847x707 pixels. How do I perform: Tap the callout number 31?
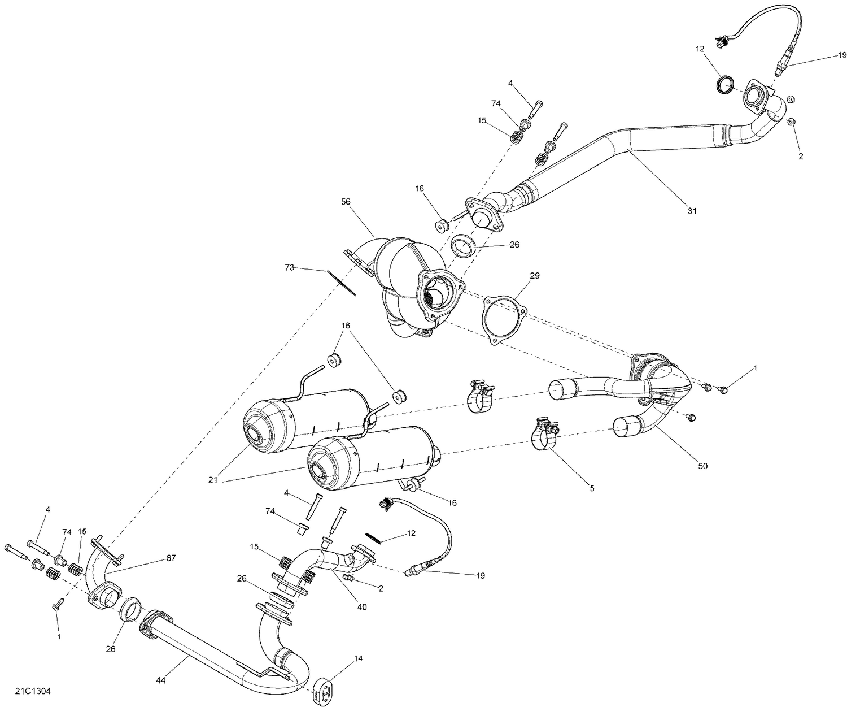click(x=692, y=211)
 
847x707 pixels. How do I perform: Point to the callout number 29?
click(x=534, y=276)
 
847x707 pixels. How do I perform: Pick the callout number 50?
click(x=702, y=466)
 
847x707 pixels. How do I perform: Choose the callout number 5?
click(x=592, y=487)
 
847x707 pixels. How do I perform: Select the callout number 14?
click(x=359, y=658)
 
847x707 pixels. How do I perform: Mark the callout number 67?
click(x=171, y=558)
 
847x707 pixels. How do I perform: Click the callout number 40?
click(x=362, y=607)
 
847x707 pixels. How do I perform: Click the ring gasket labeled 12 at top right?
click(x=726, y=84)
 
